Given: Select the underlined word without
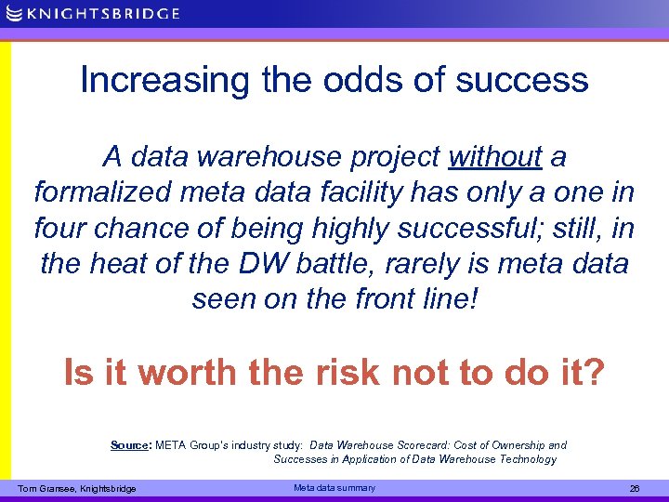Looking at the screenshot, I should (494, 157).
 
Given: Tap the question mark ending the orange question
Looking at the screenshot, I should (594, 373).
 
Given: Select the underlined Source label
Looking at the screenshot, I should (129, 445).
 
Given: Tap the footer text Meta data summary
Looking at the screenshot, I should (334, 488).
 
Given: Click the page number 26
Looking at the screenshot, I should (635, 489).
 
